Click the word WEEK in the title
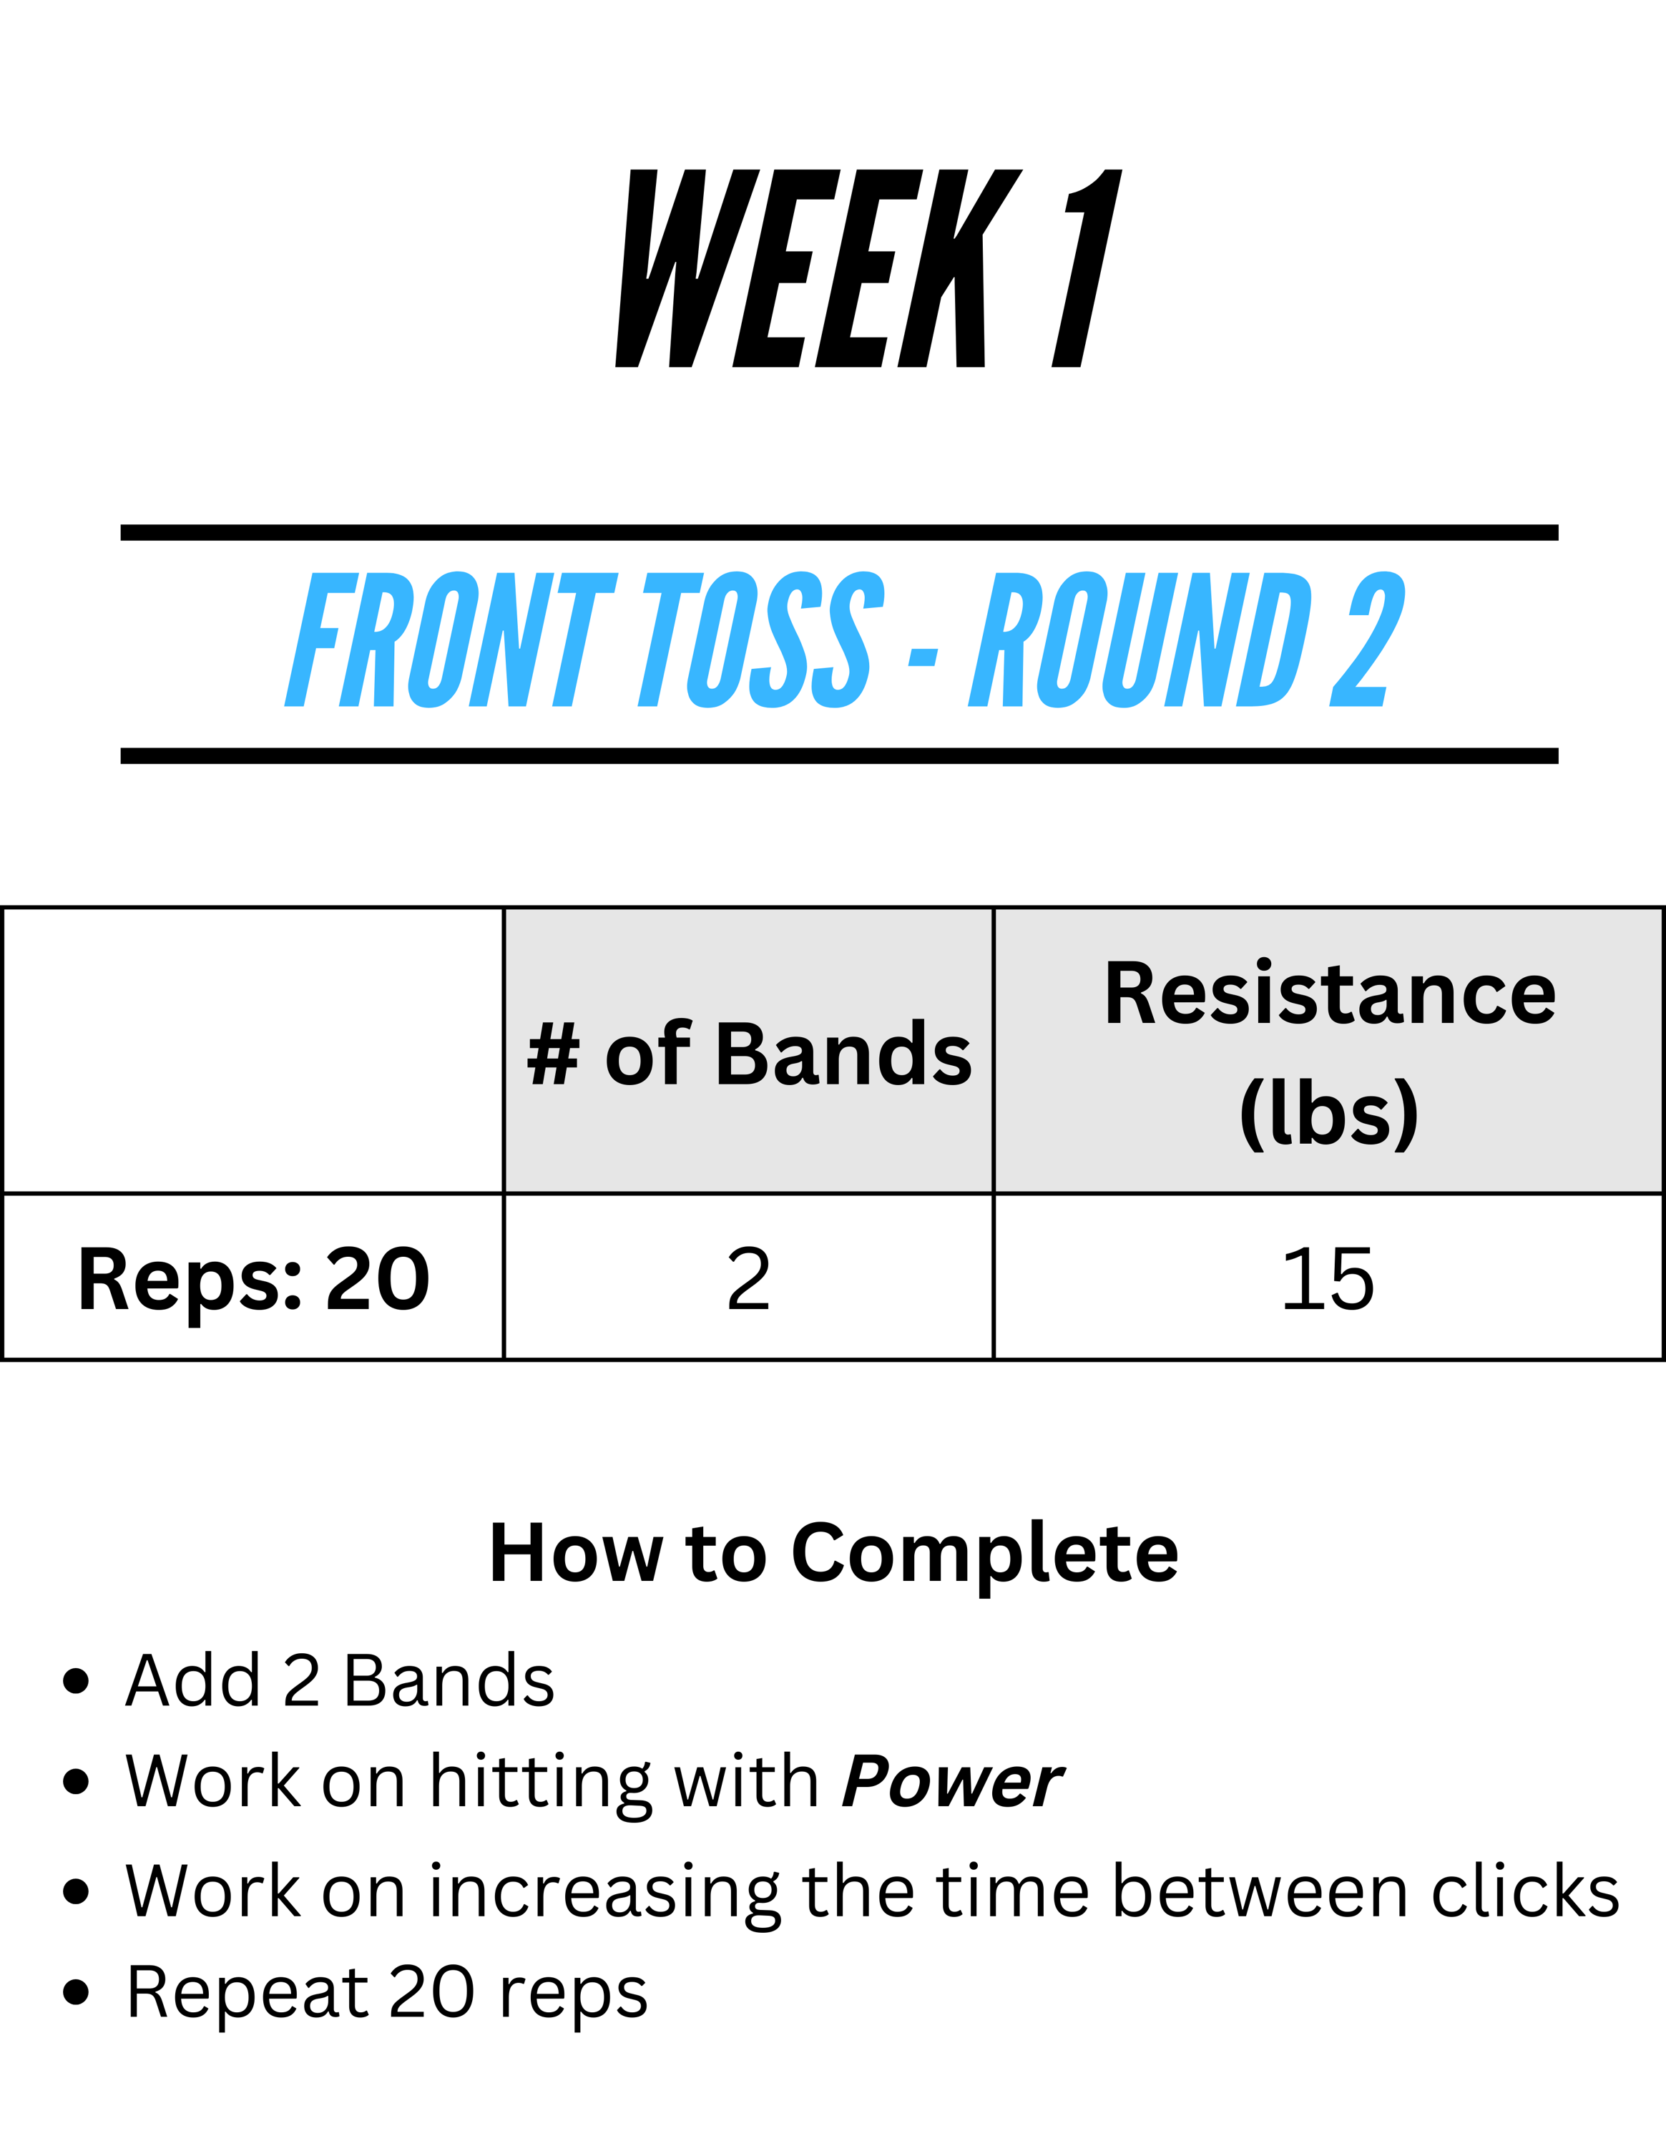(818, 268)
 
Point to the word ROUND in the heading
(1140, 640)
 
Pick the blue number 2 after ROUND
(1368, 640)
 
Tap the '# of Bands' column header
(748, 1054)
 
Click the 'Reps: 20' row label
(253, 1279)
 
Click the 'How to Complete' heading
(833, 1554)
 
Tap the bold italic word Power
(952, 1780)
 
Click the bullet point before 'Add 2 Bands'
(76, 1681)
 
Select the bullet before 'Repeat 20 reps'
(76, 1991)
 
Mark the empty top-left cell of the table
(253, 1050)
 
